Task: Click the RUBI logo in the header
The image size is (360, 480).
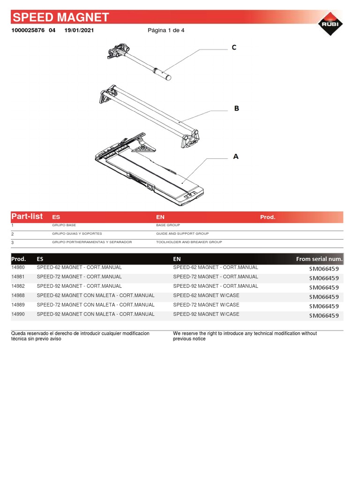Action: pos(330,24)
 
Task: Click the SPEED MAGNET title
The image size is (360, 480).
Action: pos(60,18)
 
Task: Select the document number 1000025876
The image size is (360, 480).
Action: pos(28,30)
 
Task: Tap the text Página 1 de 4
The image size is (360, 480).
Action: pos(166,30)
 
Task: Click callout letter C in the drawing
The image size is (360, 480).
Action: pos(234,47)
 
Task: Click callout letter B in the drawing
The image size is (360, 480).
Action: pos(236,108)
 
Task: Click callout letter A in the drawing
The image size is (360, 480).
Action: pos(236,157)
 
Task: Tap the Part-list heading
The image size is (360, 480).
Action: pos(27,217)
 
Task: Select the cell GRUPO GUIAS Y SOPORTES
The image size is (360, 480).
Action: pos(77,233)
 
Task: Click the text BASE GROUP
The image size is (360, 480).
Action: pos(168,225)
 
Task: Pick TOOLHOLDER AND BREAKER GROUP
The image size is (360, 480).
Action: pos(189,242)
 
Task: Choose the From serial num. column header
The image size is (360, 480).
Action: pos(319,259)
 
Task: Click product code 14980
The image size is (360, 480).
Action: pos(18,268)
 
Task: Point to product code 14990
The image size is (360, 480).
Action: pos(18,315)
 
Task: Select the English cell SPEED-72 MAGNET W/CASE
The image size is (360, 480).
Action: pos(206,305)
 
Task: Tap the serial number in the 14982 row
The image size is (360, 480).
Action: pos(323,287)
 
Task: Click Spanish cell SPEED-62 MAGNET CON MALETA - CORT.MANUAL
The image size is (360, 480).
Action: pos(95,296)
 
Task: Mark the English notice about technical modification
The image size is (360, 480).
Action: pos(245,336)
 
